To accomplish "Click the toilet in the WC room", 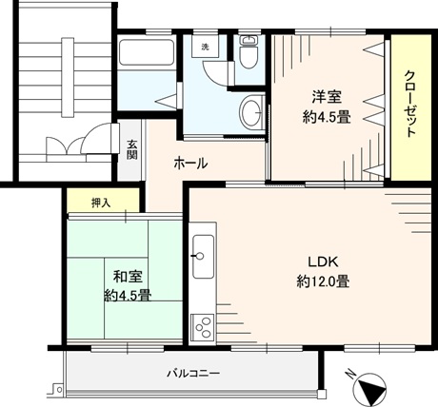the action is point(248,57).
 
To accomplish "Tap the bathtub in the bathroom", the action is point(147,52).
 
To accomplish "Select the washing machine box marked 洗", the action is point(206,47).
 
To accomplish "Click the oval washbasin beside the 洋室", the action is point(251,112).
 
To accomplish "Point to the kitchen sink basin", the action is point(203,257).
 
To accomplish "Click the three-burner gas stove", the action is point(203,327).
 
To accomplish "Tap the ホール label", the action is point(190,164).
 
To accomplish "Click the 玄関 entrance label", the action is point(131,149).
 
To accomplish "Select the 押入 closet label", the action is point(101,203).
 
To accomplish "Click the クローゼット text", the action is point(410,104).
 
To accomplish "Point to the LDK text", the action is point(324,262).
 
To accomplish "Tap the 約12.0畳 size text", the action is point(323,281).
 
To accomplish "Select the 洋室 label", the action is point(327,97).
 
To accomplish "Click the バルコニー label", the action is point(193,373).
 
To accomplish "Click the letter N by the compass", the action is point(350,374).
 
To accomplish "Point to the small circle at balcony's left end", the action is point(59,389).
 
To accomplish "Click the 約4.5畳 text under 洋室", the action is point(327,118).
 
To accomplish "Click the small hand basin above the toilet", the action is point(248,40).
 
